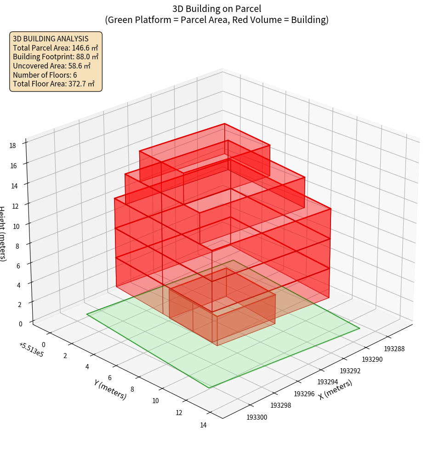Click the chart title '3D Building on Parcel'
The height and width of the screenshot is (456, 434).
(217, 8)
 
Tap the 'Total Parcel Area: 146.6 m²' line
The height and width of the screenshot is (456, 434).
(55, 48)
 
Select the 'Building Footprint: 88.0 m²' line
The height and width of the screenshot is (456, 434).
(56, 57)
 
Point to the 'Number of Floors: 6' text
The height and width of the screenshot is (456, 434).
(45, 75)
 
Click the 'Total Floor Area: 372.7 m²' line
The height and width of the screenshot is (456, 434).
(54, 84)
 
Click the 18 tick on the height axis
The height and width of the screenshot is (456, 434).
(12, 146)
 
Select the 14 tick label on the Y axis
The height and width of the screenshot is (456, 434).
(203, 425)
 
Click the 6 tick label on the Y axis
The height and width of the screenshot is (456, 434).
(109, 378)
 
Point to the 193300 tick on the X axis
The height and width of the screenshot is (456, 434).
(257, 417)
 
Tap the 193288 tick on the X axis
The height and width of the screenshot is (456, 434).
(394, 349)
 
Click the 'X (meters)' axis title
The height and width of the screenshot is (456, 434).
(335, 390)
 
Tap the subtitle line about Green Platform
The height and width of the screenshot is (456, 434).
(217, 20)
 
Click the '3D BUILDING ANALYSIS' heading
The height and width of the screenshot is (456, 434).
(51, 39)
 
